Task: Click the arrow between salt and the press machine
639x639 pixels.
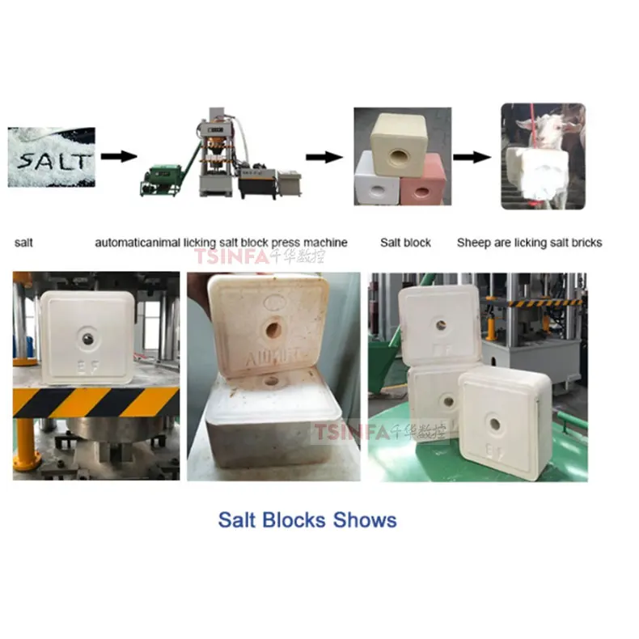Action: (117, 156)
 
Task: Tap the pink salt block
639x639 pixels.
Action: (421, 180)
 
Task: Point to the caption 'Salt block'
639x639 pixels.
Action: (405, 242)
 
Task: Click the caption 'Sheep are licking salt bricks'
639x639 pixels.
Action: (529, 242)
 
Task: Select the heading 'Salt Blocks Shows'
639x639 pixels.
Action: (307, 519)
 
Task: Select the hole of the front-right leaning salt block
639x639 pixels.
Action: (493, 421)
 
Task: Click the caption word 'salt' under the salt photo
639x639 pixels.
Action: (23, 242)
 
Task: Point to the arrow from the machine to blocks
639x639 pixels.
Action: (324, 157)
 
